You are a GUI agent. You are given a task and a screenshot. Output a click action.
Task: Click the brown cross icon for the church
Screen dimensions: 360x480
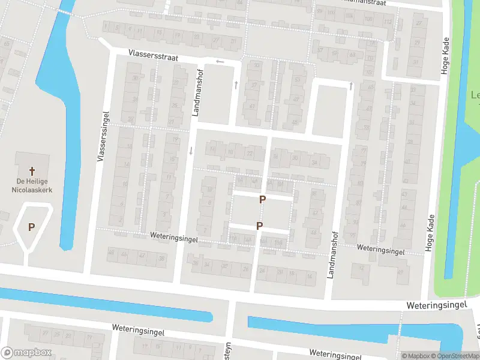(32, 171)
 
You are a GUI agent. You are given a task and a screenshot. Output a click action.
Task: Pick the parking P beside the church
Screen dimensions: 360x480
(31, 227)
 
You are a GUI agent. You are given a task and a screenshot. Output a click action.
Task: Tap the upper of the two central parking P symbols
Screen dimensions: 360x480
(262, 199)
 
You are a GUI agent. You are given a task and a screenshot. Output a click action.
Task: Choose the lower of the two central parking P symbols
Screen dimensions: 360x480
(259, 226)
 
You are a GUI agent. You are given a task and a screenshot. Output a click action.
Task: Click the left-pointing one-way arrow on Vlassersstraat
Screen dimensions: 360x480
(220, 61)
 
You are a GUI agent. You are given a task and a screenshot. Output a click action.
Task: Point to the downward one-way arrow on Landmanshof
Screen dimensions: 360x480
(191, 150)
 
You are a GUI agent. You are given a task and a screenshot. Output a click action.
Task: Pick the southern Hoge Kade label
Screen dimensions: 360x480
(430, 233)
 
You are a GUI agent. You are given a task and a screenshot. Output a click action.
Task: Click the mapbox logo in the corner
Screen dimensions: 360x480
(26, 353)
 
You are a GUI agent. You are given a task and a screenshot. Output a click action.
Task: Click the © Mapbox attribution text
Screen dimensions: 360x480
(415, 356)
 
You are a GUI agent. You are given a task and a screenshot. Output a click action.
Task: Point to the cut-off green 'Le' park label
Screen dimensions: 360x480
(475, 95)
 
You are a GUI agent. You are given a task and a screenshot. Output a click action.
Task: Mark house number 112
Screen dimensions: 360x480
(388, 22)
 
